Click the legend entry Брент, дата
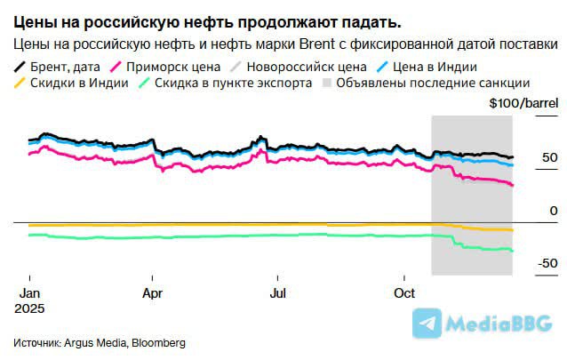click(62, 67)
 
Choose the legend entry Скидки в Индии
click(76, 84)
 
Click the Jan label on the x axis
click(29, 292)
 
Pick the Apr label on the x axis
click(153, 292)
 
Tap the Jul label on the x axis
click(278, 292)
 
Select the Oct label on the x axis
click(404, 292)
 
